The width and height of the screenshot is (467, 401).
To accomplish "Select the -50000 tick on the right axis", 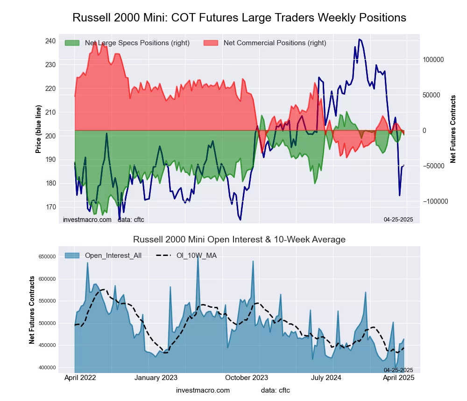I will [434, 166].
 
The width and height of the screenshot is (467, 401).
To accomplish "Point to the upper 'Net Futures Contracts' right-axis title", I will [453, 129].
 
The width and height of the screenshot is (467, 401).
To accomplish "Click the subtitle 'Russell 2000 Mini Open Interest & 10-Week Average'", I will [239, 240].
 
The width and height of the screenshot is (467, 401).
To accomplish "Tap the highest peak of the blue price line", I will [359, 39].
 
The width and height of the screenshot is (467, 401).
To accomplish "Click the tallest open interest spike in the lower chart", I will [198, 257].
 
